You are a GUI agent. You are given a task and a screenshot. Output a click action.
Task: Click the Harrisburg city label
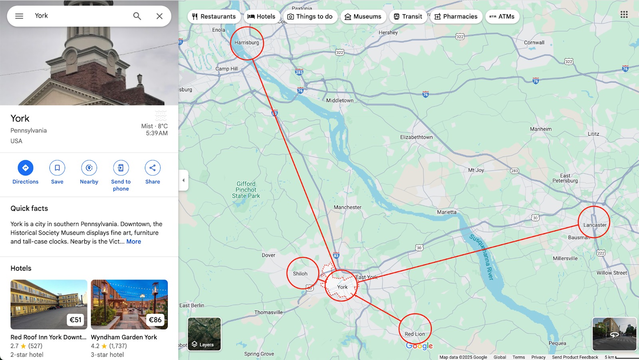tap(246, 43)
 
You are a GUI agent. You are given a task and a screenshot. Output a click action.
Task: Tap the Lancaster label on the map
tap(595, 225)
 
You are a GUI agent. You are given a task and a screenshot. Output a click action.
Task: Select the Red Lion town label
tap(415, 334)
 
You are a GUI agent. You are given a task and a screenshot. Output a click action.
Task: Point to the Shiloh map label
tap(300, 274)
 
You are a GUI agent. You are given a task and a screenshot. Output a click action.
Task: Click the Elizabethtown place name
tap(416, 137)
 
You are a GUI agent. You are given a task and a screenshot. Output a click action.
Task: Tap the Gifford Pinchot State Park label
tap(246, 190)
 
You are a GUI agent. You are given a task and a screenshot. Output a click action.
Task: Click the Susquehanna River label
tap(482, 257)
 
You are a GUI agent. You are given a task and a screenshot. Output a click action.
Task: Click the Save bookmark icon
tap(57, 168)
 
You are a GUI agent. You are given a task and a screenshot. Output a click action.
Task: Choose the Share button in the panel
tap(153, 168)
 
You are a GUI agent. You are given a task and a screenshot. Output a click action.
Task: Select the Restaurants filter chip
tap(214, 16)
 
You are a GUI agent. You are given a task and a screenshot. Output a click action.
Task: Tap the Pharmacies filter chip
tap(456, 16)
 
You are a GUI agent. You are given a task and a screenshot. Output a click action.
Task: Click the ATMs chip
tap(502, 16)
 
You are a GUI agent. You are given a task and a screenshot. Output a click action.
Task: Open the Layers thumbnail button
tap(204, 334)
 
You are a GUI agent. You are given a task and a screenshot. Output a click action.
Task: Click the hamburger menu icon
tap(19, 16)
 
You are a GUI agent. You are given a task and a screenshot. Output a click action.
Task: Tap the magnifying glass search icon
tap(137, 16)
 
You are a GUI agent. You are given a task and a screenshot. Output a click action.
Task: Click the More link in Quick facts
tap(133, 241)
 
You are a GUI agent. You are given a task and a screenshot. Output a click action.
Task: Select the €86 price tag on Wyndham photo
tap(155, 320)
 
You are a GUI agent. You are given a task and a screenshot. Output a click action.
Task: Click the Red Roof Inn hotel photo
tap(49, 304)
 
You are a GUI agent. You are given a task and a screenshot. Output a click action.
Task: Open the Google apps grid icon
tap(624, 14)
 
